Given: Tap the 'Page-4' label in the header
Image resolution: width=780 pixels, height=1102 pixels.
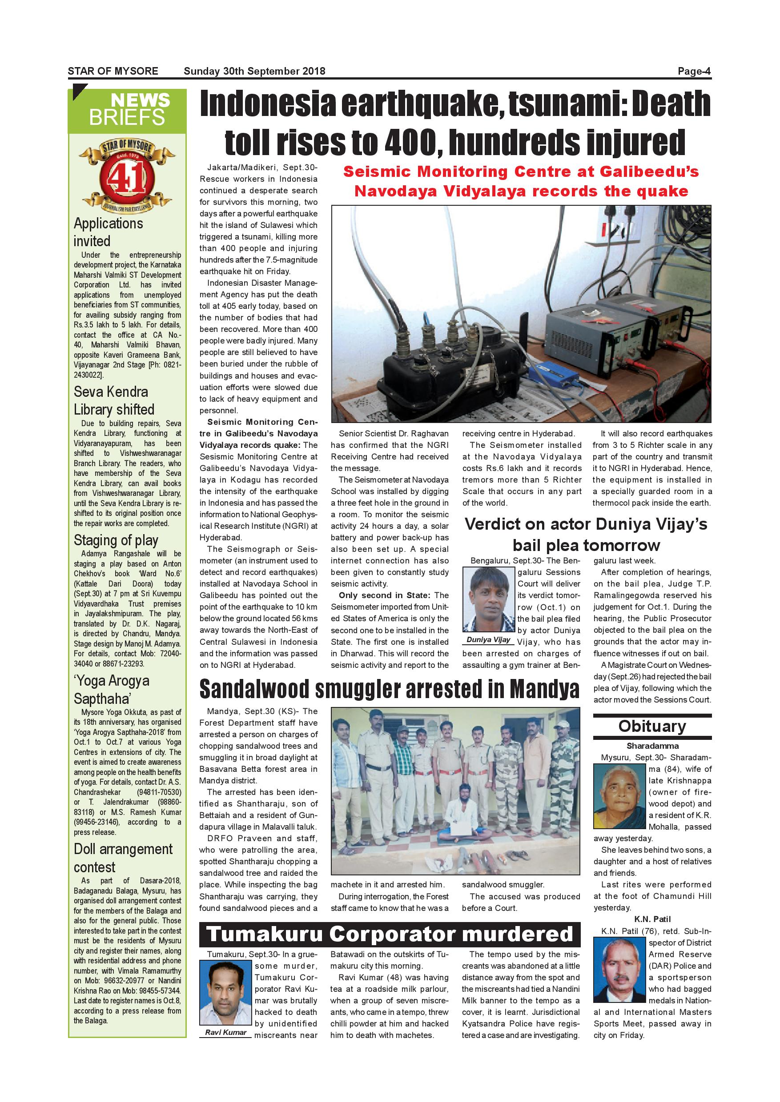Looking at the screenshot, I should coord(694,72).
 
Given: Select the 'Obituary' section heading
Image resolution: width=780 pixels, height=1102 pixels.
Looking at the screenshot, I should coord(652,726).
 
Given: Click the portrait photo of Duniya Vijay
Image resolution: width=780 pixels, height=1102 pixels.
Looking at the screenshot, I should coord(488,599).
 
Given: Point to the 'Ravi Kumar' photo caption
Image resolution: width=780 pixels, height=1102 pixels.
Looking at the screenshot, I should coord(225,1032).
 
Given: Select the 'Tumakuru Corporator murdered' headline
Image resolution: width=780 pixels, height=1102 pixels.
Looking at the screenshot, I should coord(390,934).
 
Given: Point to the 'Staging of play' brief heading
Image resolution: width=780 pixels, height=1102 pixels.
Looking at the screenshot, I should coord(116,540).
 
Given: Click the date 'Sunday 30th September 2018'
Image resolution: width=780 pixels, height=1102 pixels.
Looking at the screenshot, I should coord(254,72).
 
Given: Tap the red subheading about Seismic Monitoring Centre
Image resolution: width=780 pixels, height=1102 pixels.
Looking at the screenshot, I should coord(521,181).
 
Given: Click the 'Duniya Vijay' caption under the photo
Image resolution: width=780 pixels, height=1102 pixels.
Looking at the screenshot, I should coord(488,639).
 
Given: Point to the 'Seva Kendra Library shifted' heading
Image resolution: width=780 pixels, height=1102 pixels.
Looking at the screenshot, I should coord(114,400).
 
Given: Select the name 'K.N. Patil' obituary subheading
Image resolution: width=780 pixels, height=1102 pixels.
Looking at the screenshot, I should coord(652,919).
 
